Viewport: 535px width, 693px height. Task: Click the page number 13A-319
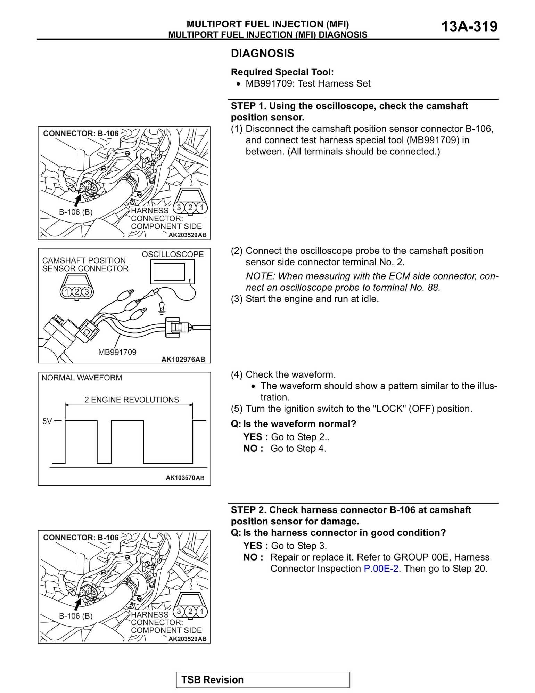469,26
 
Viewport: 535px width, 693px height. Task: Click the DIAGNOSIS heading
262,54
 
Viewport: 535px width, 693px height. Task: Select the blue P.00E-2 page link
381,569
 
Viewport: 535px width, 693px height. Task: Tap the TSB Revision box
263,680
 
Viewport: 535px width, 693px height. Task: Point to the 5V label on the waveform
47,421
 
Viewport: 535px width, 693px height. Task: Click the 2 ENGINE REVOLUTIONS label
132,400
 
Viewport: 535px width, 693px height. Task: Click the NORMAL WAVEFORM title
82,378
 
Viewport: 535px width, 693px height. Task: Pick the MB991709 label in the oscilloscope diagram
117,352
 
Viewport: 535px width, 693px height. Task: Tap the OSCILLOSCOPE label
173,255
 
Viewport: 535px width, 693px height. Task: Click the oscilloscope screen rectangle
169,272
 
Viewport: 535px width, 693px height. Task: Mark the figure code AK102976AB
183,360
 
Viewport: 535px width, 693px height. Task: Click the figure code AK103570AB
185,478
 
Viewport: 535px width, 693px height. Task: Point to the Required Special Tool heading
282,72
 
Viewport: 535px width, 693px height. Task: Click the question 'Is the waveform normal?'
299,424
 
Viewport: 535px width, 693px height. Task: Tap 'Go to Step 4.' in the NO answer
298,449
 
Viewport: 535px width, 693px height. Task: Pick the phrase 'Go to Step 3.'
299,546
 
